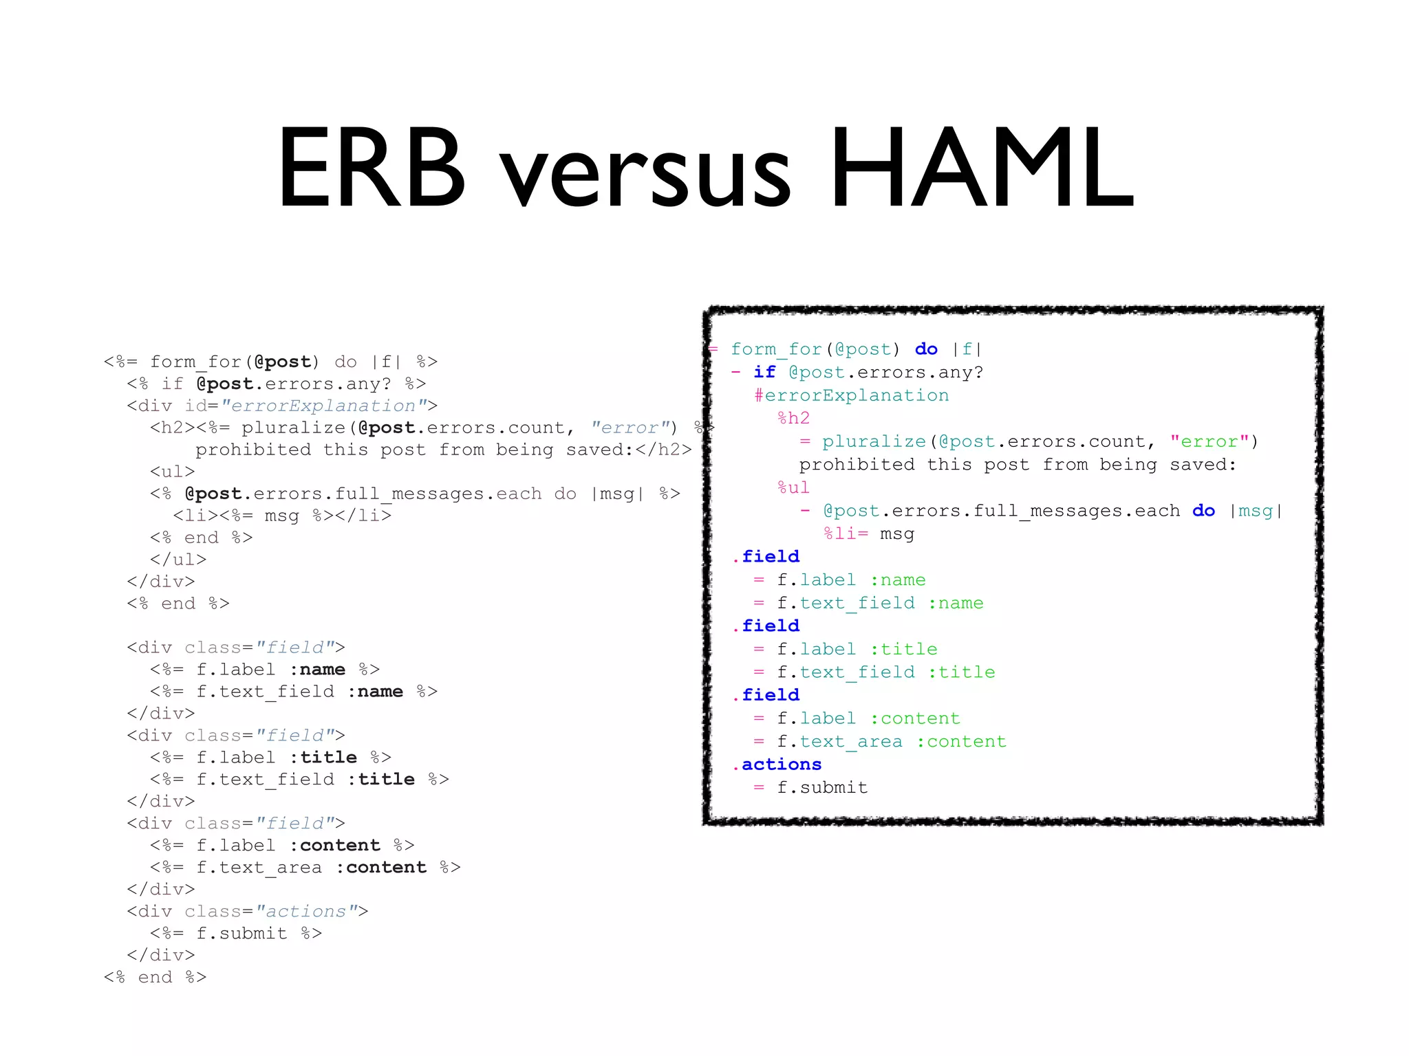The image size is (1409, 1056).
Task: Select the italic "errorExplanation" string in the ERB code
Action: click(323, 406)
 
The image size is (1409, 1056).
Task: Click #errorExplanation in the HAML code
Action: click(851, 395)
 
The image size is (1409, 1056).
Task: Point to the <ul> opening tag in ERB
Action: click(173, 472)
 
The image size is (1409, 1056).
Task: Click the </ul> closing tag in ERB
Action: click(178, 560)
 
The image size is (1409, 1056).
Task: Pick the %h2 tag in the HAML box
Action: click(794, 418)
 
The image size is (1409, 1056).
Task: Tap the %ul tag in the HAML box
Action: click(794, 487)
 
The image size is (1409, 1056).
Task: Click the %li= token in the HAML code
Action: click(846, 533)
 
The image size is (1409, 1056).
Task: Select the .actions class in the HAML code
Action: click(777, 764)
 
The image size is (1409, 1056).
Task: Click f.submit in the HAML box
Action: click(822, 787)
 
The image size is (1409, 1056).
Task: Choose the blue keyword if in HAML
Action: click(764, 372)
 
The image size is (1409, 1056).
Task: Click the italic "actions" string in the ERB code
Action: click(306, 911)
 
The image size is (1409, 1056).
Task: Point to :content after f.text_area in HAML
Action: click(961, 741)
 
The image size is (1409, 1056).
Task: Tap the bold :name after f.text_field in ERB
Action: click(375, 692)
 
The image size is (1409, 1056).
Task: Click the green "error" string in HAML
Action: click(1209, 441)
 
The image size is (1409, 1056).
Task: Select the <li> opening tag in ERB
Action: click(195, 516)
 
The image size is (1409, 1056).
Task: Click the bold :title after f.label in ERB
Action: click(323, 758)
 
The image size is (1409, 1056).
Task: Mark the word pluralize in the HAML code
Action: click(874, 441)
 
